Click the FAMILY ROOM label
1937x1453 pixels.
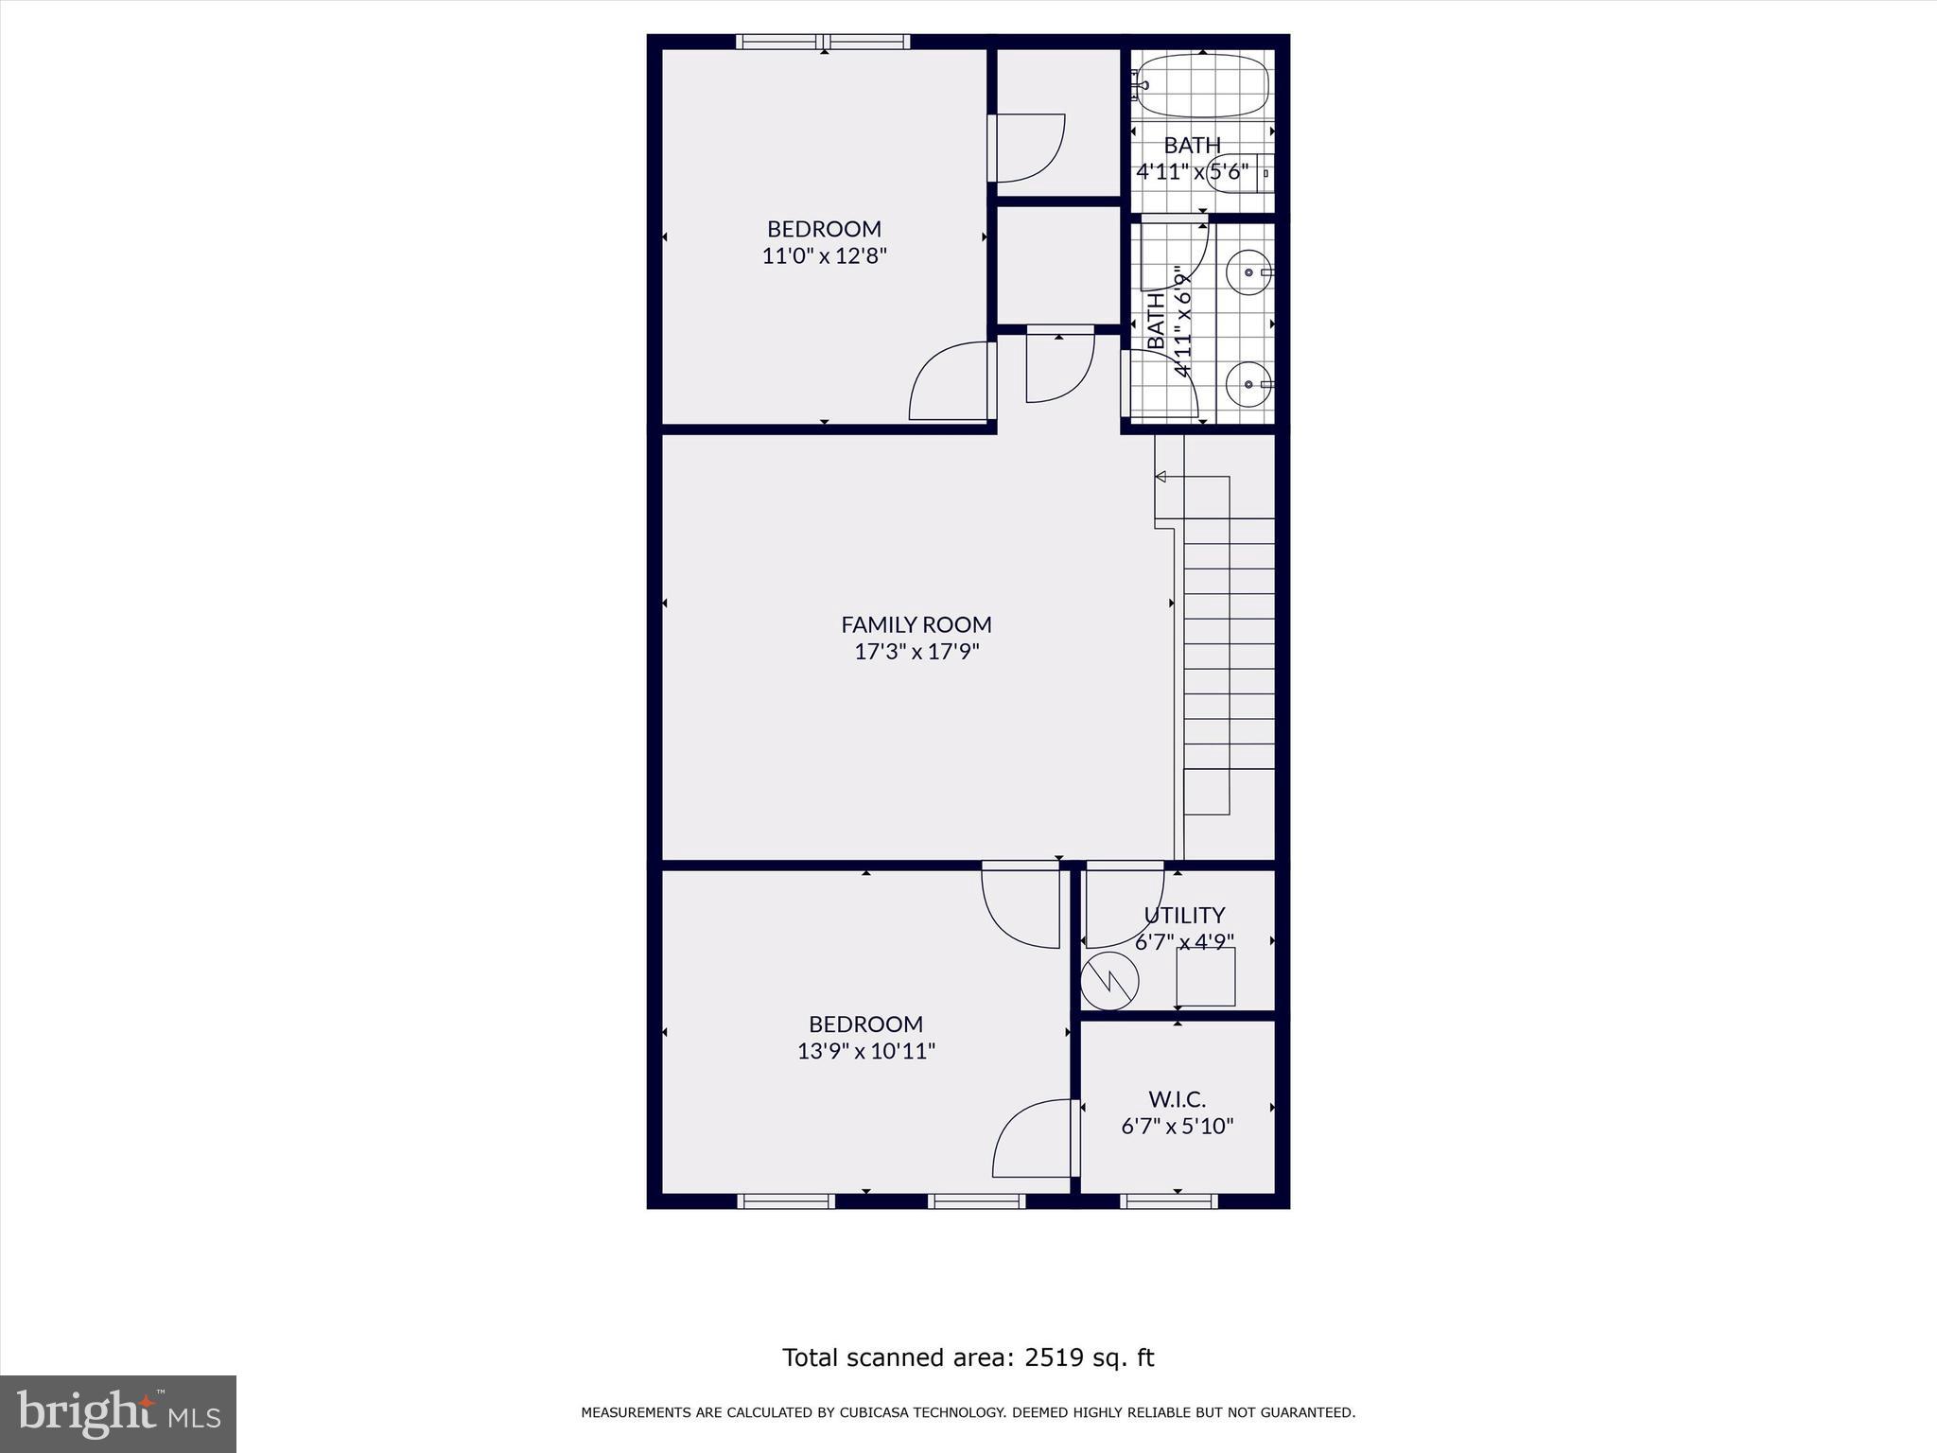[x=916, y=624]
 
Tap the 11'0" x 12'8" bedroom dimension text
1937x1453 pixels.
[x=824, y=256]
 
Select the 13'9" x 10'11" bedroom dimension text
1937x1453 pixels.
[x=865, y=1051]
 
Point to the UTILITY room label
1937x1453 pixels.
[x=1184, y=916]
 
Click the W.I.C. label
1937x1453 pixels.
[x=1177, y=1099]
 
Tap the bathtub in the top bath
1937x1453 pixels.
[x=1201, y=86]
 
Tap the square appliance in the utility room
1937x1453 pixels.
[x=1206, y=977]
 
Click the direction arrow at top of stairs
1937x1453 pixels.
[x=1161, y=477]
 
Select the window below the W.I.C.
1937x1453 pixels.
[x=1169, y=1201]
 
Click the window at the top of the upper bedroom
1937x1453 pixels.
[x=823, y=42]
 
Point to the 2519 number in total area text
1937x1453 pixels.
[x=1053, y=1358]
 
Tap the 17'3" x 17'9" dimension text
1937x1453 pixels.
[x=916, y=652]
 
